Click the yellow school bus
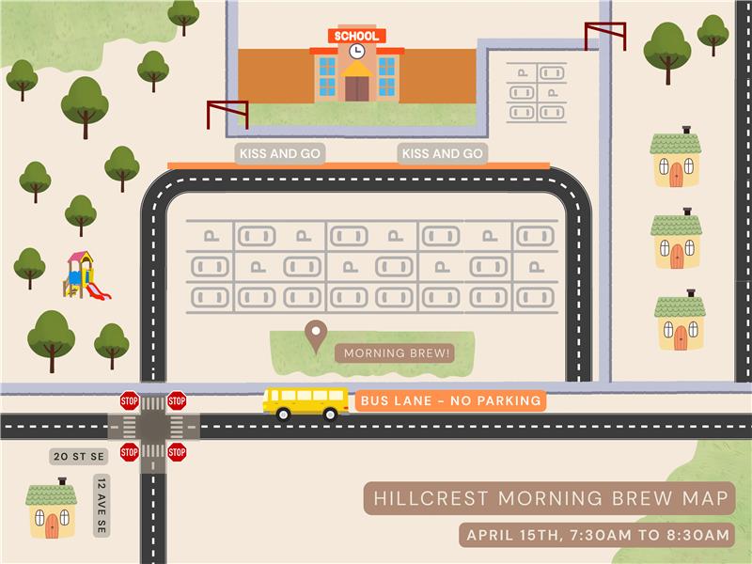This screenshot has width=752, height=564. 305,402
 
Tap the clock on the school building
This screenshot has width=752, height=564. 357,51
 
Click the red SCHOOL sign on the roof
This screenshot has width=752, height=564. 357,36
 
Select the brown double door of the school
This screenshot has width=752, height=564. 357,87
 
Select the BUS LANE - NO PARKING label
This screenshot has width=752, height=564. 450,401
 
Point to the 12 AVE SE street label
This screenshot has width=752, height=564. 101,504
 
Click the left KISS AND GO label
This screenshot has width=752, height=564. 279,154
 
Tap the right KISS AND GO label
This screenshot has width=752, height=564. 442,154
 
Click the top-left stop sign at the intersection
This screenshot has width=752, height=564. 130,401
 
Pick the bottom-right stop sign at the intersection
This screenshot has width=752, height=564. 177,452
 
